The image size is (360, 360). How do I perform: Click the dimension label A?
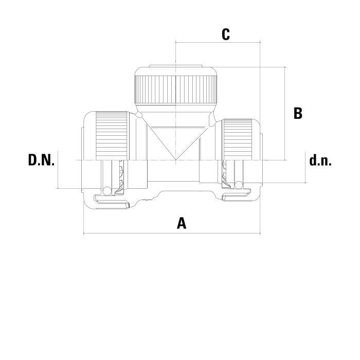(182, 223)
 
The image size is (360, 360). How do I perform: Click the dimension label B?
(298, 113)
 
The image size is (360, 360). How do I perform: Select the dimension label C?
(226, 34)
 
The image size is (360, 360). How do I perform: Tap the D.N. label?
(41, 160)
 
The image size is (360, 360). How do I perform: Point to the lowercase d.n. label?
(320, 160)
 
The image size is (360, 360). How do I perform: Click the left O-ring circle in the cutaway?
(107, 191)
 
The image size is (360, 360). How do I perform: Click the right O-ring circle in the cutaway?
(239, 185)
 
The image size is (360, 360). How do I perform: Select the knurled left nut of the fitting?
(112, 136)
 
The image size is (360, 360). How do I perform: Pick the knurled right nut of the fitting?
(238, 139)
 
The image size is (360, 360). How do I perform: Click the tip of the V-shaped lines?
(176, 160)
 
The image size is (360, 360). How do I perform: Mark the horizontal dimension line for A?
(172, 233)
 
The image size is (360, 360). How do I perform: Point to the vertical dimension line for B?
(285, 114)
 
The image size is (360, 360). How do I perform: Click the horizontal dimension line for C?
(218, 43)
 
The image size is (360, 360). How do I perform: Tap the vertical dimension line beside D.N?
(58, 170)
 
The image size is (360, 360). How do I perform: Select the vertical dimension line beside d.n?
(305, 167)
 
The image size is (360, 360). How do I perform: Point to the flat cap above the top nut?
(176, 66)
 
